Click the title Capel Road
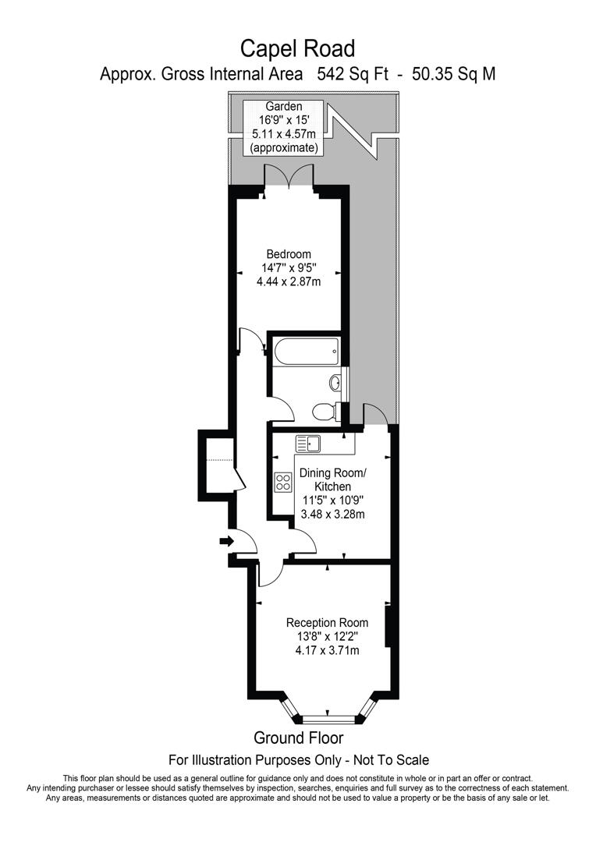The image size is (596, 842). tap(297, 48)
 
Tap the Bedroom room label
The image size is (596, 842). tap(289, 254)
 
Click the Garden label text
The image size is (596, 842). tap(283, 106)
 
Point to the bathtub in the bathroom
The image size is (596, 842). tap(306, 352)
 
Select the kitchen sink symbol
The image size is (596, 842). tap(310, 444)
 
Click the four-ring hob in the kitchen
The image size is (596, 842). tap(282, 483)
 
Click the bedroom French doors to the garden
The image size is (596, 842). tap(289, 179)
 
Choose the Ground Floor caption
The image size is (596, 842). tap(298, 738)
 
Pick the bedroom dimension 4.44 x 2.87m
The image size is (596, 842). tap(289, 281)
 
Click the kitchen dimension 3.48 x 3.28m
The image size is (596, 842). tap(333, 514)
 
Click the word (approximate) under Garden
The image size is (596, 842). tap(283, 147)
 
